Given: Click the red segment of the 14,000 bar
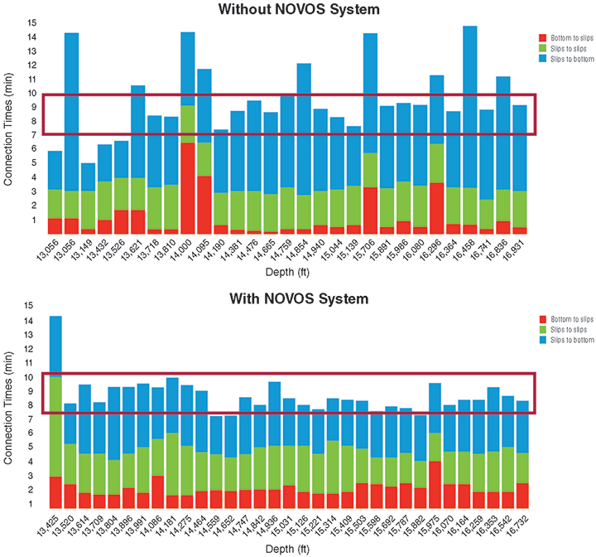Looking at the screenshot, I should point(188,189).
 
